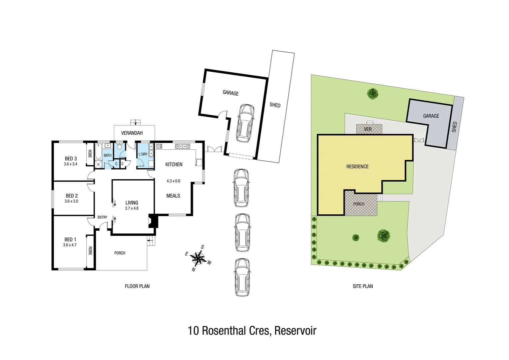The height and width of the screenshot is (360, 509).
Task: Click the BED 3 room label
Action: click(71, 159)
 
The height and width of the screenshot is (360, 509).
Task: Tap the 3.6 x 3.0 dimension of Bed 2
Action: click(71, 201)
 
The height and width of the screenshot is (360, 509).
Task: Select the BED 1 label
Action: click(70, 239)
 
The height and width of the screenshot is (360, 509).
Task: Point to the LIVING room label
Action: click(132, 203)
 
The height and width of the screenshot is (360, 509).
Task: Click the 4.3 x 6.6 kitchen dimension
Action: click(173, 181)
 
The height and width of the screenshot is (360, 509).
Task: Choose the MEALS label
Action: click(173, 196)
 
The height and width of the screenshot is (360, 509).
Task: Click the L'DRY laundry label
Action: click(143, 154)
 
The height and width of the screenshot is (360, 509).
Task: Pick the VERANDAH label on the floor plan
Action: click(132, 133)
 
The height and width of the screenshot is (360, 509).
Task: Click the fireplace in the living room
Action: click(153, 221)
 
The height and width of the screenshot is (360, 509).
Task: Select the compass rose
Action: click(199, 258)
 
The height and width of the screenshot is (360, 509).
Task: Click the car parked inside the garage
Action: click(245, 123)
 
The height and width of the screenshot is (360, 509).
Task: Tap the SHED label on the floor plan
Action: click(275, 105)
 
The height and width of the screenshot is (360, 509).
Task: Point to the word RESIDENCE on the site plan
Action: click(357, 167)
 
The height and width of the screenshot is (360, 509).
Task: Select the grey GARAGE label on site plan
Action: click(431, 116)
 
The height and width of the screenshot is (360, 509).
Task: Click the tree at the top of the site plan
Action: click(372, 93)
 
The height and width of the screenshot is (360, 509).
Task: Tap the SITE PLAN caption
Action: click(363, 286)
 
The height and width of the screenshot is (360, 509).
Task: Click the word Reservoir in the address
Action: click(295, 331)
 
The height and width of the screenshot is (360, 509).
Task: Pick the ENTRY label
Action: click(102, 217)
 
